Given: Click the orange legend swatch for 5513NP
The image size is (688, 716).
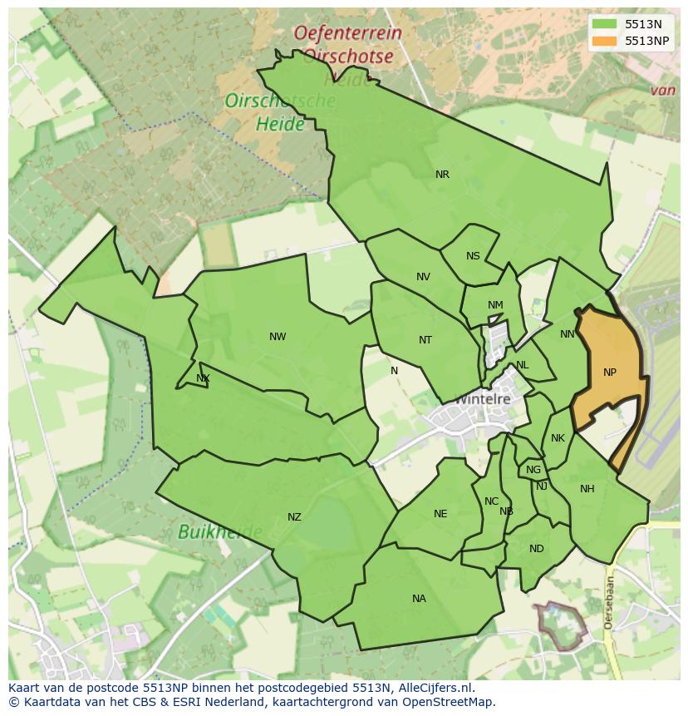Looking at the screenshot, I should click(x=605, y=41).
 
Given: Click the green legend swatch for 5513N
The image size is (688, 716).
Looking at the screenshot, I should click(x=605, y=25).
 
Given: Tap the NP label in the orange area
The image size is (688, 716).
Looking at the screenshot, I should click(x=610, y=373).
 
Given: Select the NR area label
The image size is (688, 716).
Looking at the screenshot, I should click(x=442, y=175).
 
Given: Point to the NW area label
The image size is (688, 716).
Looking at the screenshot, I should click(x=278, y=337).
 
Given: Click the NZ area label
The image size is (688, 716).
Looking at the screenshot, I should click(x=294, y=517).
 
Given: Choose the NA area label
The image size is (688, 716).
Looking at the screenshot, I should click(x=419, y=599).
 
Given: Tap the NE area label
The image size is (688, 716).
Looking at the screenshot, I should click(x=440, y=514).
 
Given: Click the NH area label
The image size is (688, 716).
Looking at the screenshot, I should click(x=587, y=489).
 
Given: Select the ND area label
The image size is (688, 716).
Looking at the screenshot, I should click(x=536, y=549).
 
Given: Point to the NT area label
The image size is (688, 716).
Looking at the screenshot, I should click(x=425, y=340).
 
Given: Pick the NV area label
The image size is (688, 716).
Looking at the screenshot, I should click(x=423, y=277).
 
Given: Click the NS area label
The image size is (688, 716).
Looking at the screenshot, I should click(x=473, y=256).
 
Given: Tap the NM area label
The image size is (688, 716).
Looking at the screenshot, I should click(x=495, y=305).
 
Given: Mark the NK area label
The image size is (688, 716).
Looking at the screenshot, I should click(x=558, y=438).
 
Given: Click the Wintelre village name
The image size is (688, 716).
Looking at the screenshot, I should click(x=482, y=399).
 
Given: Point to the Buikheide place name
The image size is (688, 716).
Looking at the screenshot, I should click(x=219, y=531).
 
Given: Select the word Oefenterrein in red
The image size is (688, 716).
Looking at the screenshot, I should click(x=347, y=34).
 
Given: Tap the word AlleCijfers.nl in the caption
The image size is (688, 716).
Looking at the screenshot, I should click(x=433, y=688).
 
